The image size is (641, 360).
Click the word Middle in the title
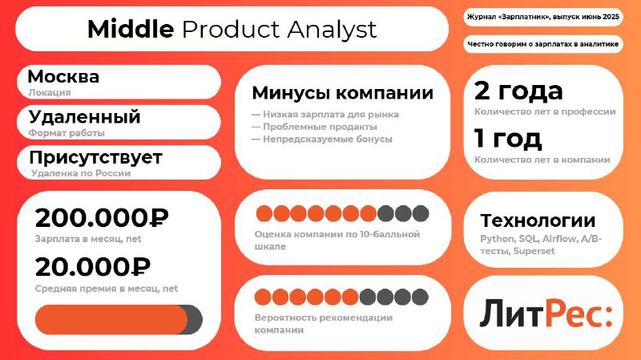[x=131, y=30]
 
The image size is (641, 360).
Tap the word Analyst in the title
[x=332, y=30]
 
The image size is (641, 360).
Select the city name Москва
[x=63, y=76]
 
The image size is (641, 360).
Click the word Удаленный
[x=85, y=117]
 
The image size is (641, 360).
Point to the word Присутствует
[x=95, y=157]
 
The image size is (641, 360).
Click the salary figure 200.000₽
[x=102, y=217]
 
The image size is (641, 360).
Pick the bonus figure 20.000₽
[x=93, y=267]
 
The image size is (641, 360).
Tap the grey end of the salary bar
[x=196, y=319]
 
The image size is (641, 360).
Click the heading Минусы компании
[x=343, y=93]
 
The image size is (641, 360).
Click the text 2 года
[x=518, y=91]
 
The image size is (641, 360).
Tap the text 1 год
[x=508, y=138]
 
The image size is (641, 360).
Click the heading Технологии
[x=538, y=220]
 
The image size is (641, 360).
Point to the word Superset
[x=534, y=251]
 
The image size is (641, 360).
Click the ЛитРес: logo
[x=546, y=313]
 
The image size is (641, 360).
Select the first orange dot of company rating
[x=264, y=213]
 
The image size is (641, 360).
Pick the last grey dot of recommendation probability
[x=420, y=297]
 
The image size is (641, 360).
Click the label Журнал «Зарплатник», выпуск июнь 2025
[x=543, y=17]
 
